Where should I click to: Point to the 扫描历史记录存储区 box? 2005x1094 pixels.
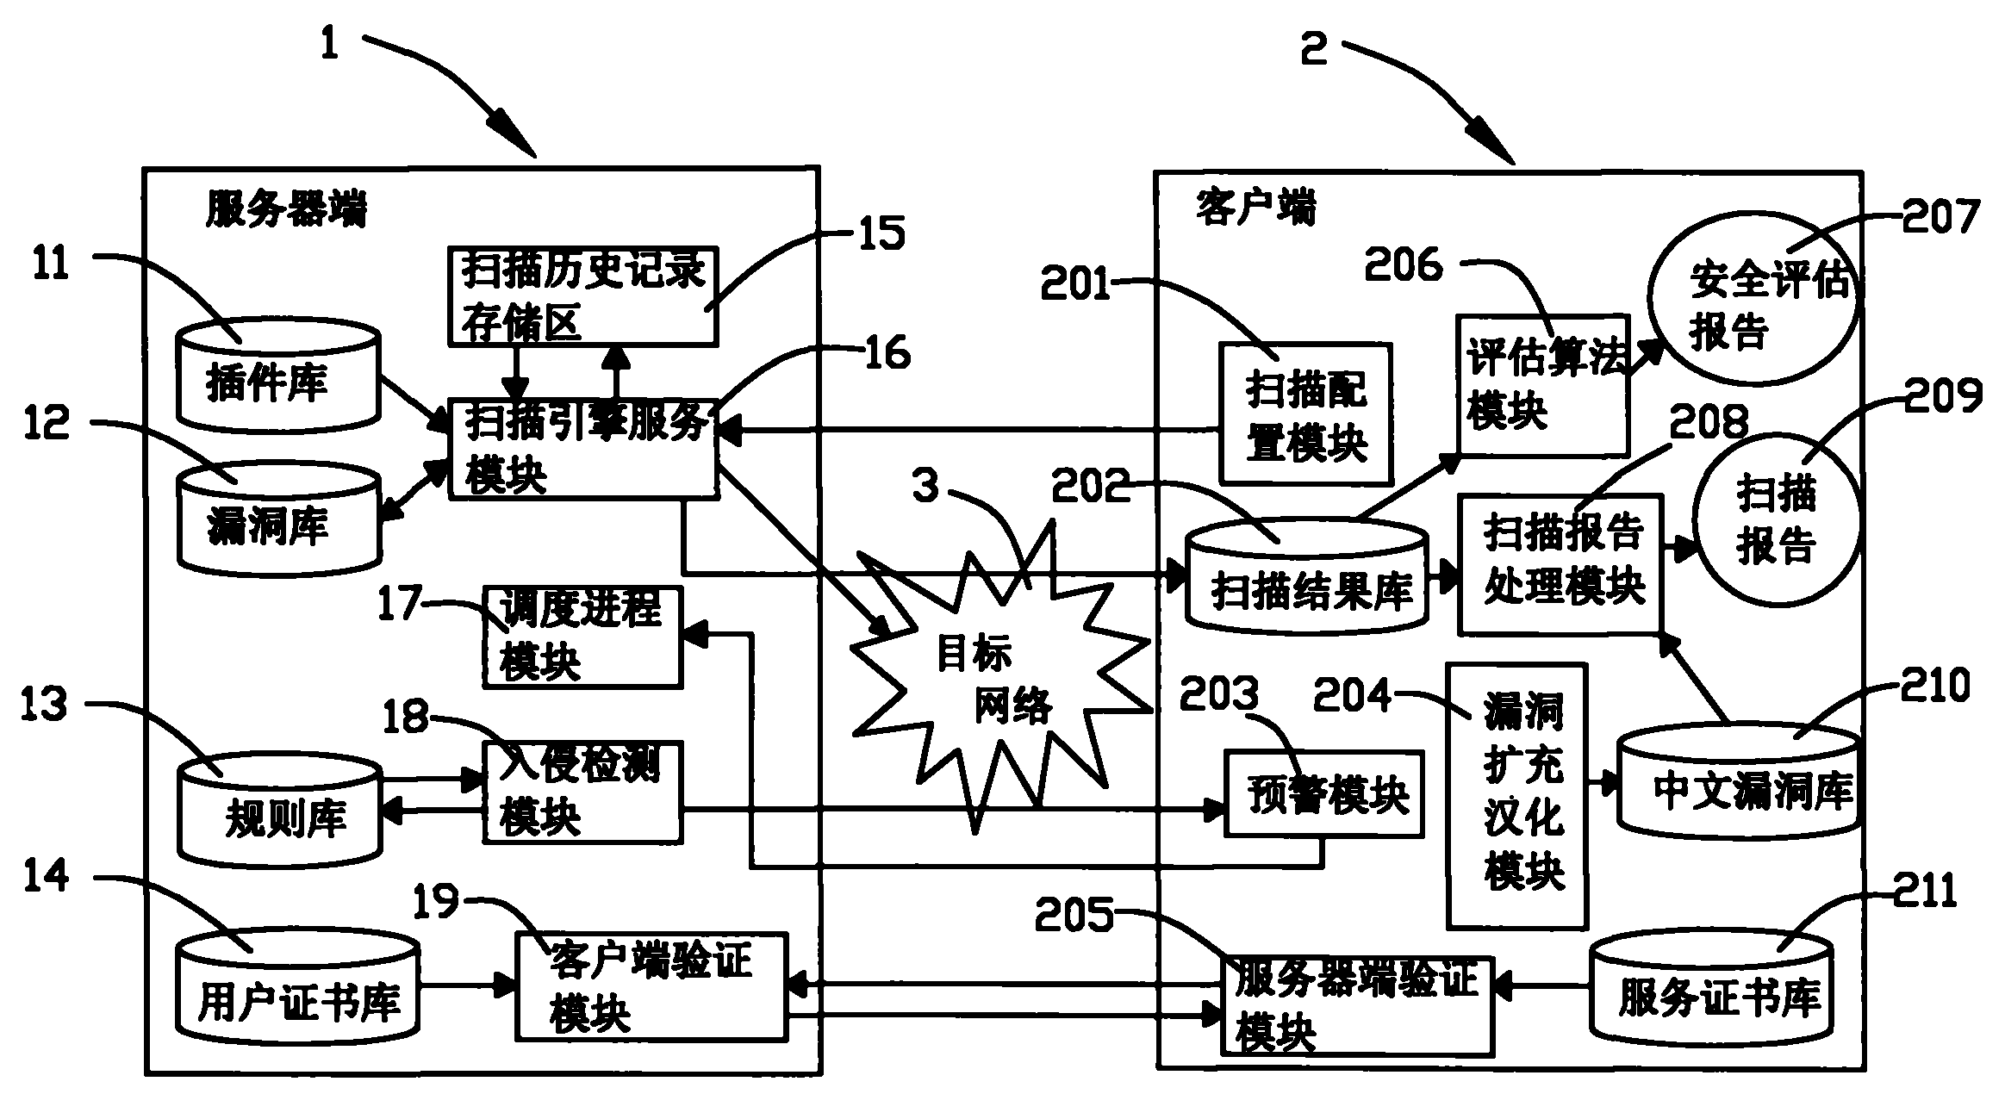pos(582,296)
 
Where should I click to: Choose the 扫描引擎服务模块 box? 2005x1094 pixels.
pos(583,449)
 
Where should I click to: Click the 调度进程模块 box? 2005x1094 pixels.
pos(582,637)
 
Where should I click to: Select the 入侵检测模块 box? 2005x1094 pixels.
pos(582,792)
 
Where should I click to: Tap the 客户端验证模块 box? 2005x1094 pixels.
pos(651,985)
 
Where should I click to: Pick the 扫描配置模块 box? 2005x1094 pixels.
pos(1304,414)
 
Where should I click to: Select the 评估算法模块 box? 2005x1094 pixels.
pos(1541,384)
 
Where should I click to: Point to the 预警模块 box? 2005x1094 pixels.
pos(1323,793)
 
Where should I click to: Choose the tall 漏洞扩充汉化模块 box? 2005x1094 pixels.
pos(1516,795)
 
